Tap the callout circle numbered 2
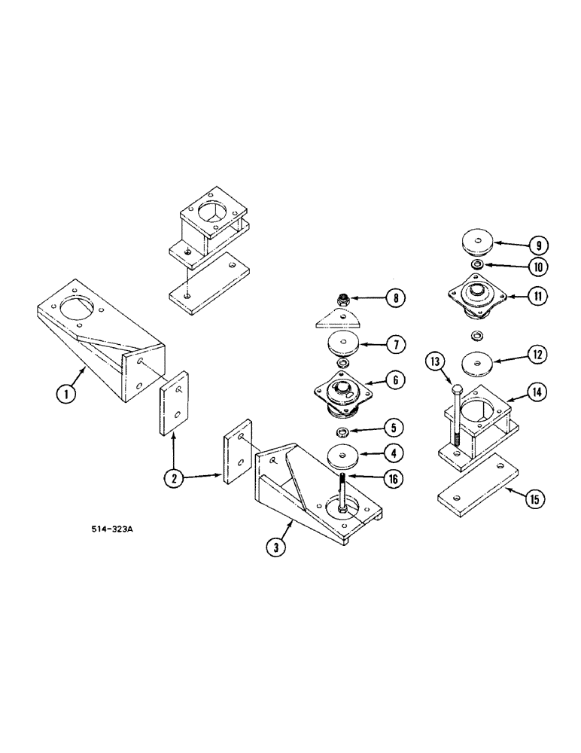[174, 476]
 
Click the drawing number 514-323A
[110, 529]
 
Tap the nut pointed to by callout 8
[343, 299]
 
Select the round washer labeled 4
[343, 456]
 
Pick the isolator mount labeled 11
[476, 295]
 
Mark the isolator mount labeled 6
[343, 395]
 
